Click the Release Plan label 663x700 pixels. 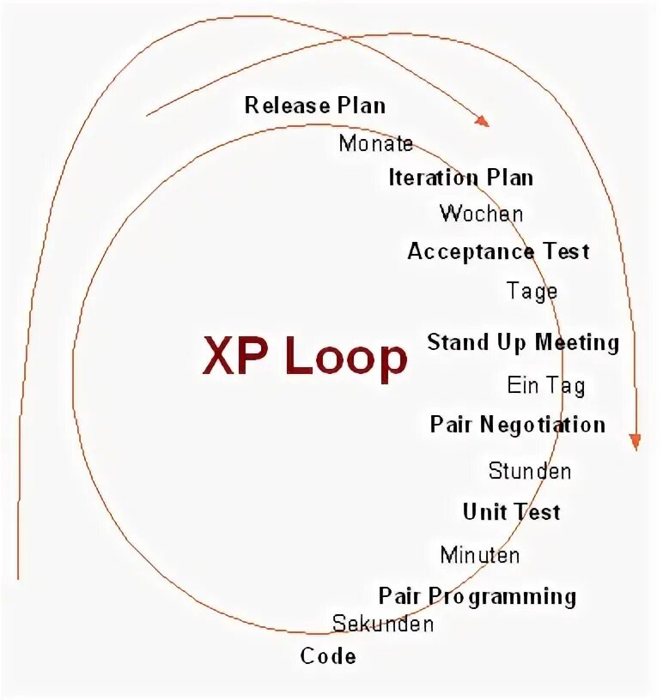(x=315, y=106)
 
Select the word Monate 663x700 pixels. (x=376, y=143)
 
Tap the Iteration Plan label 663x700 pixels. (x=461, y=178)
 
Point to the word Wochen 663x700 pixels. (x=481, y=213)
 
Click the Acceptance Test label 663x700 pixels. (x=498, y=251)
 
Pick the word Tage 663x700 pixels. (x=532, y=292)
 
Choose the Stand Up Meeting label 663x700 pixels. (x=523, y=342)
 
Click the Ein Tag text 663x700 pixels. (x=546, y=385)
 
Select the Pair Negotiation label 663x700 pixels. (x=518, y=425)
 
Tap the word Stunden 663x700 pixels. (x=530, y=471)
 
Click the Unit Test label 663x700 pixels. (x=511, y=512)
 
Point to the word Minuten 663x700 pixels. (x=480, y=555)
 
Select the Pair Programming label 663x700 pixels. (x=477, y=595)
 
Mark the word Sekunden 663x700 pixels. (x=383, y=624)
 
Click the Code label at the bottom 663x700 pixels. (x=328, y=656)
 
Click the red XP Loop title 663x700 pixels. (x=305, y=357)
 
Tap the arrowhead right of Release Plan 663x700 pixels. (x=482, y=121)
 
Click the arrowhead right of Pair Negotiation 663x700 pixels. (x=635, y=442)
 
